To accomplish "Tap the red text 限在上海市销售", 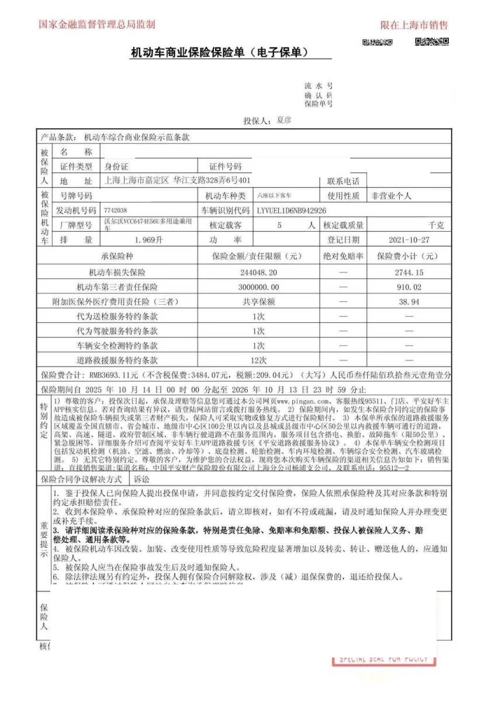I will point(414,25).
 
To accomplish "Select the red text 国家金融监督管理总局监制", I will point(97,25).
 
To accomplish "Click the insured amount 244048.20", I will point(258,273).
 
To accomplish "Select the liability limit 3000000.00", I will point(258,287).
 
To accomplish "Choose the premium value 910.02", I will point(408,287).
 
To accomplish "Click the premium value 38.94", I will point(409,302).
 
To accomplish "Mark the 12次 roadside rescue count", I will point(258,360).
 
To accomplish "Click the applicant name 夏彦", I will point(284,120).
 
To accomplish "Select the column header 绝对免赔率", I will point(343,256).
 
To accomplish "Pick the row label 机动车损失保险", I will point(117,273).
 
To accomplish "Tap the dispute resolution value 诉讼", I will point(142,479).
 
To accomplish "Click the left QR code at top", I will point(377,42).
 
